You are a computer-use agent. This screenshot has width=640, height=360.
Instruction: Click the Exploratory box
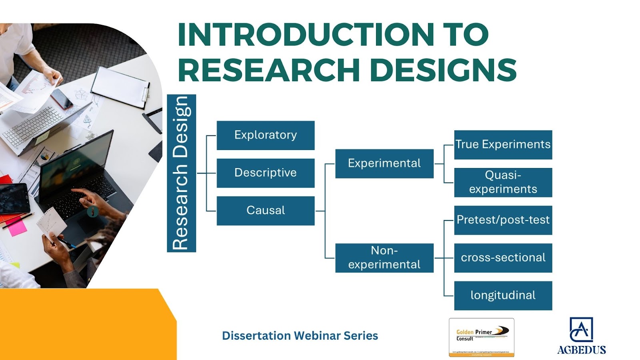(x=266, y=135)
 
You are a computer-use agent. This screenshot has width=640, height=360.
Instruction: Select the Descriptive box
(x=266, y=173)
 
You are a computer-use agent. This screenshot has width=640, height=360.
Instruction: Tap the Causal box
(x=266, y=210)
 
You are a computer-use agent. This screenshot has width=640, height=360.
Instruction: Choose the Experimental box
(x=384, y=164)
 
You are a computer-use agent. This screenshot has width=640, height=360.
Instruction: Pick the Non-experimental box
(x=384, y=258)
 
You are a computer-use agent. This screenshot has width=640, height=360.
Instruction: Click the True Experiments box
(x=503, y=144)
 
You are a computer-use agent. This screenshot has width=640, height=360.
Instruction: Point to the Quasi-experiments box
(x=503, y=182)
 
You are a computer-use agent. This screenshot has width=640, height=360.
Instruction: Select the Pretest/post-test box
(x=503, y=220)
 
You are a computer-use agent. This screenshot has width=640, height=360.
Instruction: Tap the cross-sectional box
(x=503, y=258)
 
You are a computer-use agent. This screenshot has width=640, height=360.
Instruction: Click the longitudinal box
(x=503, y=296)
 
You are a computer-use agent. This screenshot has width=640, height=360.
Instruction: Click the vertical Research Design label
(x=181, y=173)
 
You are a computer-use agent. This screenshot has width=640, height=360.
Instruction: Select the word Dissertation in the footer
(x=256, y=336)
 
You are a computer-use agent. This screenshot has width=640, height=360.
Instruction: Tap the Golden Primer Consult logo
(x=481, y=337)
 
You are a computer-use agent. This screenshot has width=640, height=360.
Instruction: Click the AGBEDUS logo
(x=581, y=336)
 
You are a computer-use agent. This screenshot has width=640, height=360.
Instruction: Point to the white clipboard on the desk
(x=120, y=87)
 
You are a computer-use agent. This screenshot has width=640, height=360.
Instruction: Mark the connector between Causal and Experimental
(x=325, y=210)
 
